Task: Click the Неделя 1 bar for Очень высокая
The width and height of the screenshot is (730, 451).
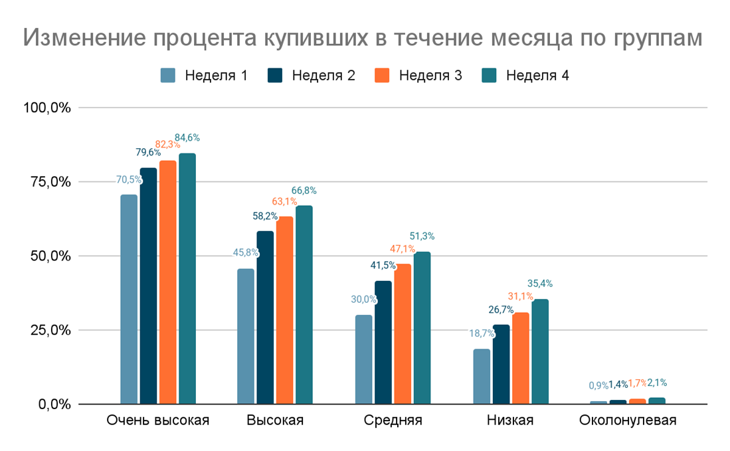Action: [x=129, y=299]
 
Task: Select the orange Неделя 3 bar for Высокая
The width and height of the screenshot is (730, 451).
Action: [x=285, y=310]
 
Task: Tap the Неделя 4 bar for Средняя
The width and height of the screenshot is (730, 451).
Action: [x=422, y=328]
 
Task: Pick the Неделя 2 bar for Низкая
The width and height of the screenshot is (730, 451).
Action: [x=502, y=364]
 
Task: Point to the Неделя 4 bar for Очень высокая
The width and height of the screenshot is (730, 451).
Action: [x=187, y=278]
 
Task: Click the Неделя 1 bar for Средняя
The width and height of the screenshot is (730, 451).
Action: [x=363, y=359]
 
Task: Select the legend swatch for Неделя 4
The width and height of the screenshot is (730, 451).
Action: [x=488, y=75]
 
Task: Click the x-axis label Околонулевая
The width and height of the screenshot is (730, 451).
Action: [x=628, y=420]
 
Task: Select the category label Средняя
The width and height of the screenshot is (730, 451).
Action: [x=393, y=420]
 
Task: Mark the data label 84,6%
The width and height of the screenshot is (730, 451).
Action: [x=187, y=138]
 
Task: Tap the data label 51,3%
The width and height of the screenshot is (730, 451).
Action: [x=422, y=236]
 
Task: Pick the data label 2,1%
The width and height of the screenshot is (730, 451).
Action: [x=657, y=383]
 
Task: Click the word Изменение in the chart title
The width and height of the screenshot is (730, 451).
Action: [x=83, y=38]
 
